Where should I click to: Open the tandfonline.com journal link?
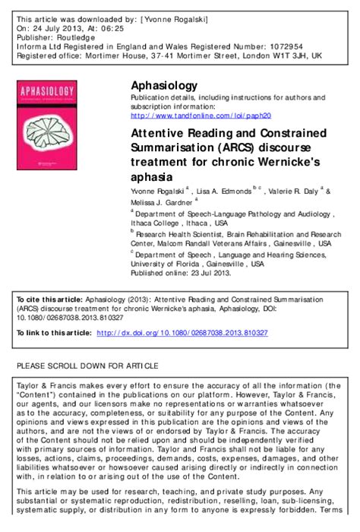tap(201, 116)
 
